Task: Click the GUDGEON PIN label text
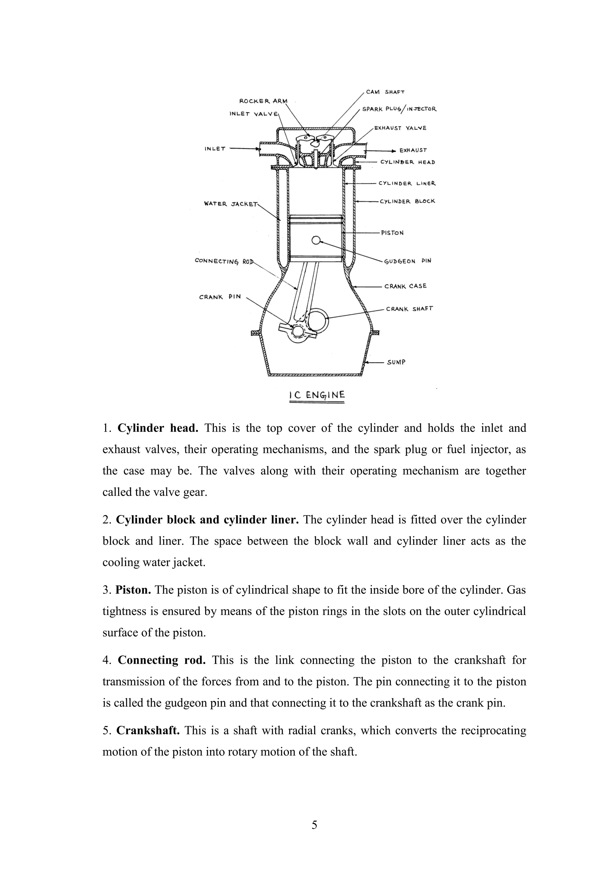coord(407,261)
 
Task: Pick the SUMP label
coord(396,362)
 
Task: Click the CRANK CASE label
coord(405,286)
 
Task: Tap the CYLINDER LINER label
coord(407,184)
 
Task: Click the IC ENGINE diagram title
coord(317,395)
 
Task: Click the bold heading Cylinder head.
coord(158,428)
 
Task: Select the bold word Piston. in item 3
coord(133,590)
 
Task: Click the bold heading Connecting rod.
coord(162,660)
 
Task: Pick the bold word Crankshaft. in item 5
coord(148,730)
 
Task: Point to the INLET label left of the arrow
coord(215,149)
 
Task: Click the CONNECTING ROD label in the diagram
coord(224,261)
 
